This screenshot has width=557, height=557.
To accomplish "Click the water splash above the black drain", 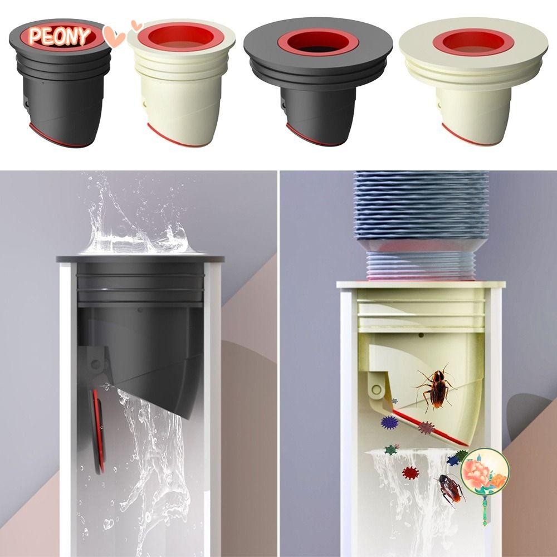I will (x=139, y=223).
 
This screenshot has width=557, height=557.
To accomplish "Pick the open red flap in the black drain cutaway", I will (x=97, y=429).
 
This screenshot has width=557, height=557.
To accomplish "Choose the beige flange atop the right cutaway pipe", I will (x=421, y=285).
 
